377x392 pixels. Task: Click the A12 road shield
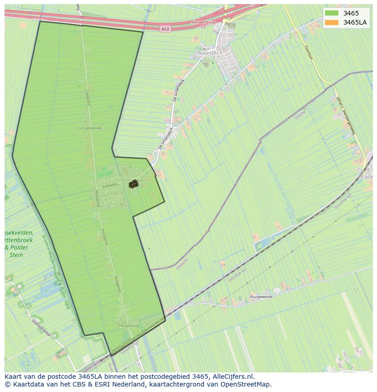[x=165, y=29]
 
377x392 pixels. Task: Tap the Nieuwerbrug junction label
[x=203, y=22]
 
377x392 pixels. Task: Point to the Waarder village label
[x=207, y=53]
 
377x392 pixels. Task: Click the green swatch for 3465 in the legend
[x=332, y=13]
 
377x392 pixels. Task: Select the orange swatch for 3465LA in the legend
[x=332, y=22]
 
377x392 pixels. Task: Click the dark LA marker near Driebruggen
[x=133, y=184]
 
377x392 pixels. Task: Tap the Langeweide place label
[x=90, y=128]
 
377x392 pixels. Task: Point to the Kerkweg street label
[x=110, y=186]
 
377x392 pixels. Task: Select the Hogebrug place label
[x=128, y=326]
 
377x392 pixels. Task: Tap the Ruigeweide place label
[x=261, y=296]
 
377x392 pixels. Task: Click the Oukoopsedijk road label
[x=40, y=327]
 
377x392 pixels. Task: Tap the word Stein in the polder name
[x=16, y=255]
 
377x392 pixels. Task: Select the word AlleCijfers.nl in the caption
[x=233, y=377]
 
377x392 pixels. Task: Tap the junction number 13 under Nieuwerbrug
[x=203, y=27]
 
